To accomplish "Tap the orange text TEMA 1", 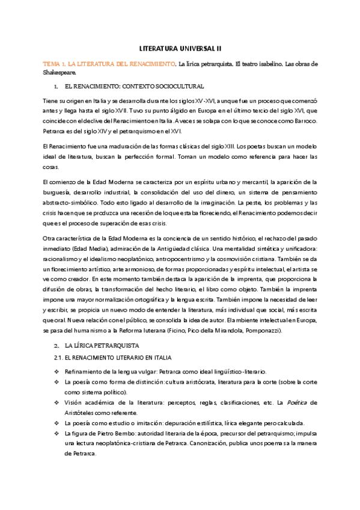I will pos(52,63).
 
